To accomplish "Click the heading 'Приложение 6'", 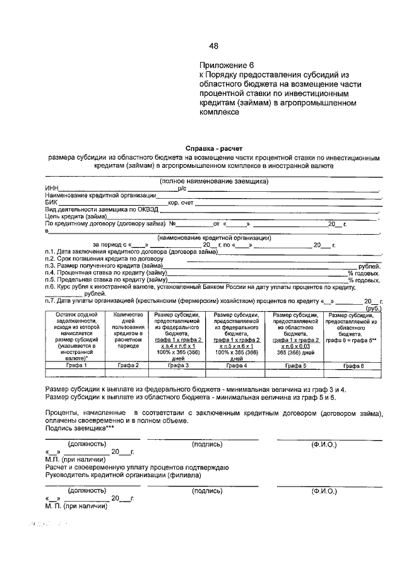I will pyautogui.click(x=226, y=65).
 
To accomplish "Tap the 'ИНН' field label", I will pyautogui.click(x=51, y=188).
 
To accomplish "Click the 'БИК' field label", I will pyautogui.click(x=50, y=202).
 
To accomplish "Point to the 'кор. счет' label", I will pyautogui.click(x=181, y=202).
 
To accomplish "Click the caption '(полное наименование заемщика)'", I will pyautogui.click(x=214, y=181).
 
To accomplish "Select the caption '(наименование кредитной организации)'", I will pyautogui.click(x=215, y=238).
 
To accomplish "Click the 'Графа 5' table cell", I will pyautogui.click(x=295, y=365).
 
